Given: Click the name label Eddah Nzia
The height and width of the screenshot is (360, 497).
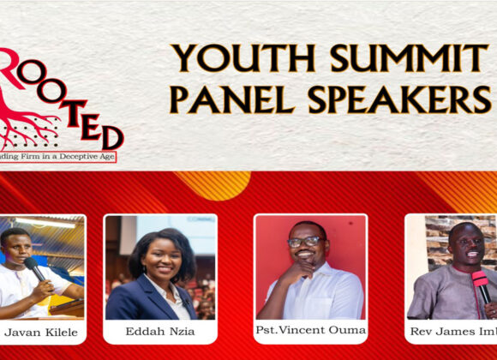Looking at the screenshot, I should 159,332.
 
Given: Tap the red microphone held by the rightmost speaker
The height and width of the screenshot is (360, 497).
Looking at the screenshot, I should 481,284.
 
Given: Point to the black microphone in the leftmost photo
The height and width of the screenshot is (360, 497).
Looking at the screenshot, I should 35,268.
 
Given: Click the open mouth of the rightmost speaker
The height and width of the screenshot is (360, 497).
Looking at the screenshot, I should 472,256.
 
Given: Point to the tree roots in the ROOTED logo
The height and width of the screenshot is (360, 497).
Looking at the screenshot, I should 34,120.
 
